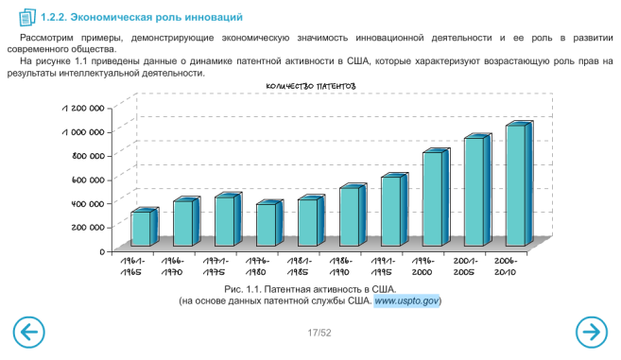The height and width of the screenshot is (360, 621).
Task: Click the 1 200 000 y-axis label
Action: [83, 108]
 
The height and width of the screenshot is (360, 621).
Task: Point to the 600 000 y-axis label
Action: [88, 180]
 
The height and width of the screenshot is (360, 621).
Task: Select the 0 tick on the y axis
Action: [103, 251]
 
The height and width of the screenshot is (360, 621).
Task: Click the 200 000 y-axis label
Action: [88, 227]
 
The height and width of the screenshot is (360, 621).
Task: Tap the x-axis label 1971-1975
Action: [215, 266]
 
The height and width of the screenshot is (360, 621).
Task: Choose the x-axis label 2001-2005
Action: [465, 266]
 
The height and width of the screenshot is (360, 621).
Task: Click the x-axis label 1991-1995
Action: [382, 266]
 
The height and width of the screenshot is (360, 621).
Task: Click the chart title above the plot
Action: [310, 86]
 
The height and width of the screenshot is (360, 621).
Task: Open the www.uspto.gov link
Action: [406, 301]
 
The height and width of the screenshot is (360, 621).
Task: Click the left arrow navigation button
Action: [29, 333]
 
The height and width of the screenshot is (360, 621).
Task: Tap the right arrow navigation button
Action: [592, 333]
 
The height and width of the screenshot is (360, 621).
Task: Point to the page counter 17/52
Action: [319, 333]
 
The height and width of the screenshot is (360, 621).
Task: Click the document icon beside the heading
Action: [27, 17]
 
